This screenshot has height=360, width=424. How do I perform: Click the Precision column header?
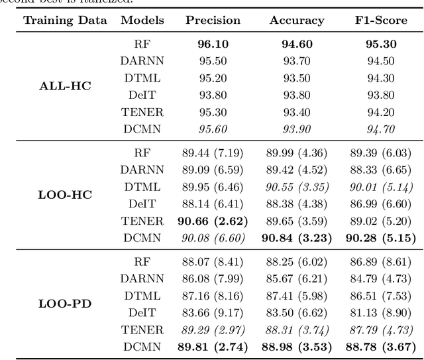[x=213, y=21]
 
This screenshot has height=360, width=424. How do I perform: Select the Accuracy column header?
[x=297, y=21]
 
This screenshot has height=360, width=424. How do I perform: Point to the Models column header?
[x=142, y=21]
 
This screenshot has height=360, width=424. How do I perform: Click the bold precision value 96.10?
[x=213, y=45]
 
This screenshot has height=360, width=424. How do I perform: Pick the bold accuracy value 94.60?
[x=297, y=45]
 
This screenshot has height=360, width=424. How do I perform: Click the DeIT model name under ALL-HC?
[x=142, y=94]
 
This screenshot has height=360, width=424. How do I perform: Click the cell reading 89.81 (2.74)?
[x=213, y=347]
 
